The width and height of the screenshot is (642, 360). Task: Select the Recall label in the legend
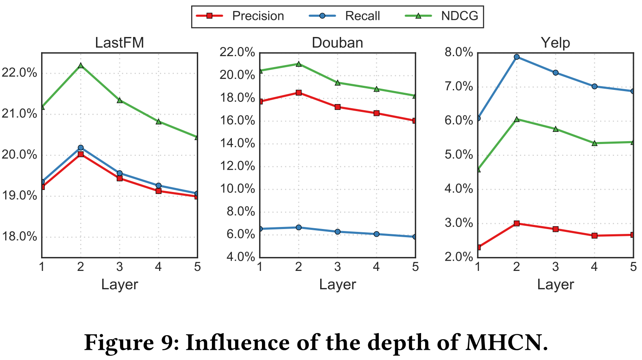pyautogui.click(x=362, y=16)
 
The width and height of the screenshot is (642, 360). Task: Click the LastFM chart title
pyautogui.click(x=119, y=43)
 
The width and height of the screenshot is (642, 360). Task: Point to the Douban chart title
pyautogui.click(x=337, y=43)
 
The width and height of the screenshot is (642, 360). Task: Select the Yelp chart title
pyautogui.click(x=555, y=43)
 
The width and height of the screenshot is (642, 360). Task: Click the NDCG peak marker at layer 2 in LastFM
pyautogui.click(x=81, y=65)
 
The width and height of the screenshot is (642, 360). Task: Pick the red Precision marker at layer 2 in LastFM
pyautogui.click(x=81, y=154)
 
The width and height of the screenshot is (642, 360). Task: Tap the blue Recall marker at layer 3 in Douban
pyautogui.click(x=337, y=232)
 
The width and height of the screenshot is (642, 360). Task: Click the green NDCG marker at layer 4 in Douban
pyautogui.click(x=376, y=89)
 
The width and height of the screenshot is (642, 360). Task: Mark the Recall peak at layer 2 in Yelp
pyautogui.click(x=517, y=57)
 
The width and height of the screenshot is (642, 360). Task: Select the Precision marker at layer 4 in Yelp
pyautogui.click(x=594, y=236)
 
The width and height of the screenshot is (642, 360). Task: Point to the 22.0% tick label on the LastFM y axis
pyautogui.click(x=19, y=73)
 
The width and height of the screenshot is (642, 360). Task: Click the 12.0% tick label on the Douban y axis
pyautogui.click(x=237, y=166)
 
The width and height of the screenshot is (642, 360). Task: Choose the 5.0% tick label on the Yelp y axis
pyautogui.click(x=459, y=155)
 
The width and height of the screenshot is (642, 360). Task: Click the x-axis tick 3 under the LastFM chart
pyautogui.click(x=119, y=267)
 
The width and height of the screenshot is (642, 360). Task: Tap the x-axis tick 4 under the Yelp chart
pyautogui.click(x=594, y=267)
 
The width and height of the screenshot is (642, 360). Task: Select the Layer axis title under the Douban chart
pyautogui.click(x=337, y=284)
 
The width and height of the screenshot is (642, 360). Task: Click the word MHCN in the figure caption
pyautogui.click(x=507, y=343)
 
